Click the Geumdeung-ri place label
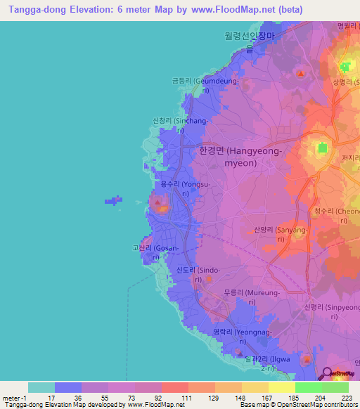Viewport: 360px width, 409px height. pos(201,85)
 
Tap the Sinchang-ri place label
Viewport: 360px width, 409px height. pos(181,125)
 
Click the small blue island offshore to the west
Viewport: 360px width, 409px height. pos(113,201)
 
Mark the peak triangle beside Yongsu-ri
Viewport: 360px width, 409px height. pos(161,206)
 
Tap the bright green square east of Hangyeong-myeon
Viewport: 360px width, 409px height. pos(323,148)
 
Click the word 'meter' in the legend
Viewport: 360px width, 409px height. pos(10,398)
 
